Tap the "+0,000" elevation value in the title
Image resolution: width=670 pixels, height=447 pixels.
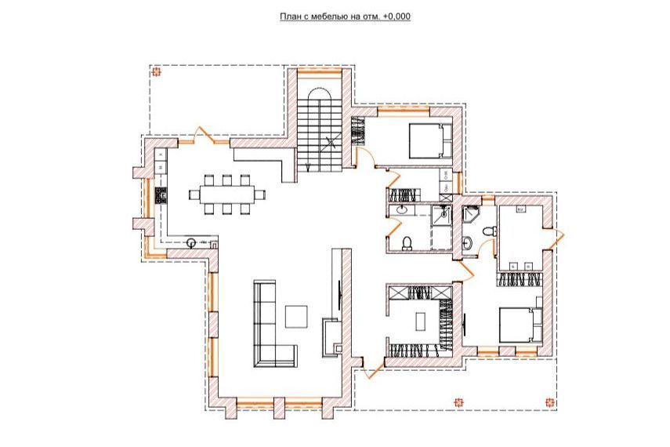397,16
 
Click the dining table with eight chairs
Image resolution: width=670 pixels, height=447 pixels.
227,194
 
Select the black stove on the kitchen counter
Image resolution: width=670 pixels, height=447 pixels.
161,195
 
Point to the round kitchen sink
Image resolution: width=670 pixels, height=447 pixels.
191,242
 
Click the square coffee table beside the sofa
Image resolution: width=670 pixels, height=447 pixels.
296,317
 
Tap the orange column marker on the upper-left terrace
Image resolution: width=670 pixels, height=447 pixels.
157,72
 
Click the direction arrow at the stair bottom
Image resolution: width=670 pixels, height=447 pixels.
308,167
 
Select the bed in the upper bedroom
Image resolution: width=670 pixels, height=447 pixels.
430,140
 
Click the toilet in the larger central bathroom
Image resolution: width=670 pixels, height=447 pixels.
407,242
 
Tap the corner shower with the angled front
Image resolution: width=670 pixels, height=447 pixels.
471,214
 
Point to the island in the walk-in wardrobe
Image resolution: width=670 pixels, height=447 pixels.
421,321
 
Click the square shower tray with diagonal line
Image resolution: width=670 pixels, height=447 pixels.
441,214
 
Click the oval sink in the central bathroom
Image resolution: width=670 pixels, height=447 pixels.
401,209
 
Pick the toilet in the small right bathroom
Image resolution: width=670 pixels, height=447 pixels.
488,231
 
